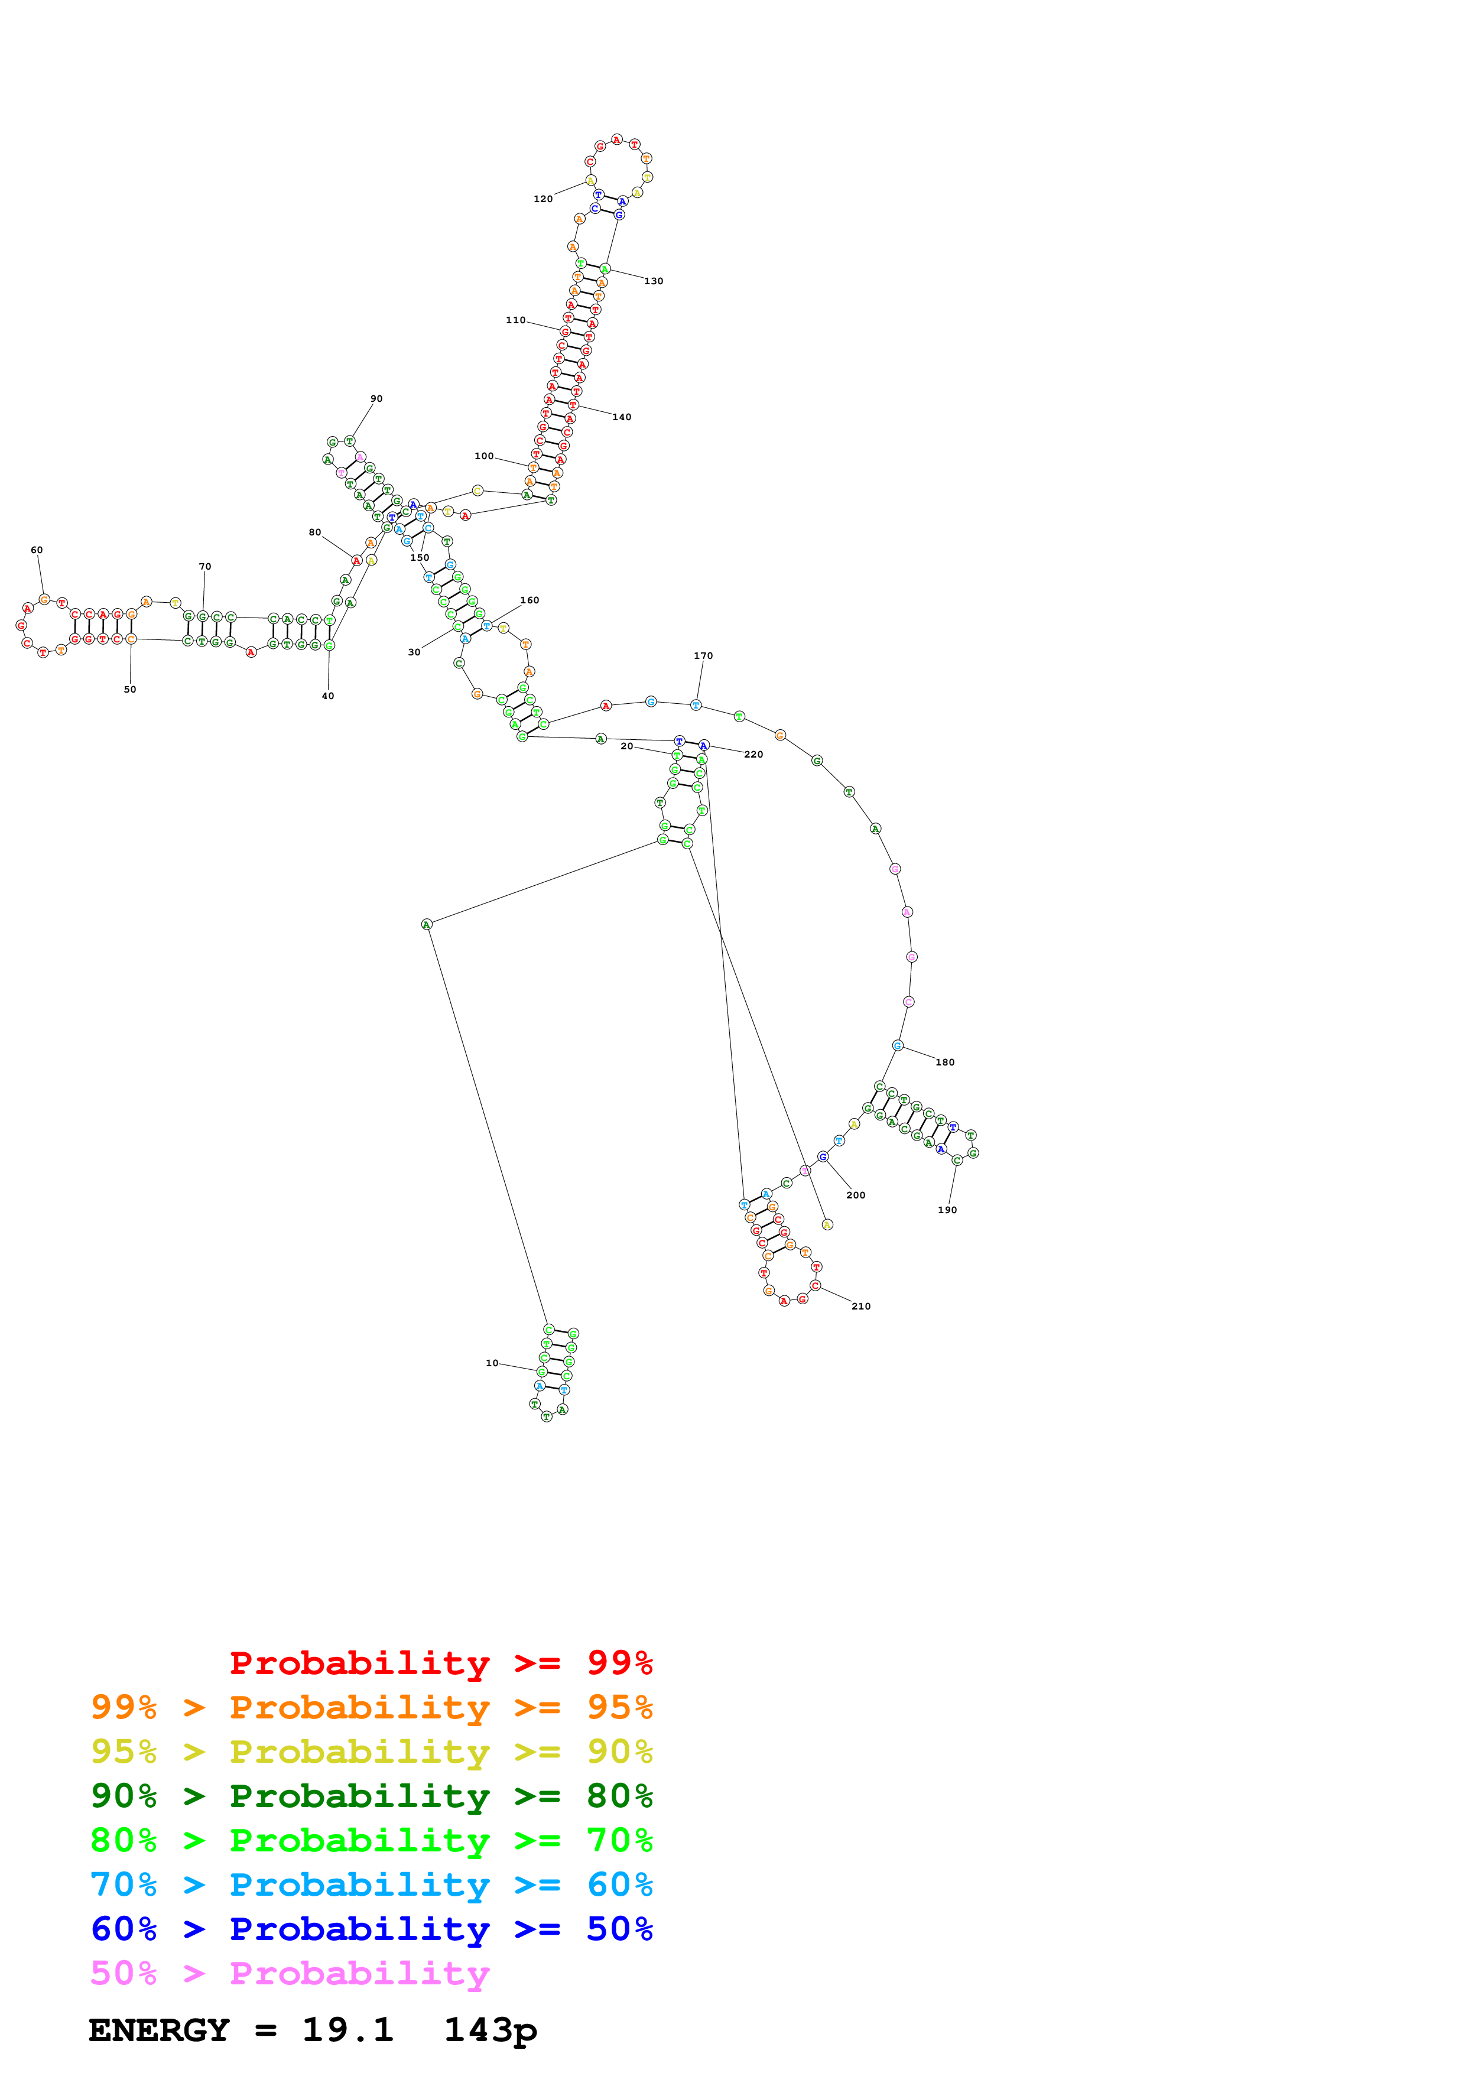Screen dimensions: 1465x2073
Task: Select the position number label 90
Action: [376, 399]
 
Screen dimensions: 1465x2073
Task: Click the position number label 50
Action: [130, 690]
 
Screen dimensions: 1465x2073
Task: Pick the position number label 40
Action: [327, 696]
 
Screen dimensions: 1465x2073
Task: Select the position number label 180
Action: [945, 1063]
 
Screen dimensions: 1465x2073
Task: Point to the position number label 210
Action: [861, 1307]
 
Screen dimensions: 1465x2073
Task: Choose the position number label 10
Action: [492, 1363]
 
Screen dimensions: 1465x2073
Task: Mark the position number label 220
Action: [753, 755]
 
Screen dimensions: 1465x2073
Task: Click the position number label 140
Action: [622, 417]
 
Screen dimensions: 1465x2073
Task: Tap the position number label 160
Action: [530, 600]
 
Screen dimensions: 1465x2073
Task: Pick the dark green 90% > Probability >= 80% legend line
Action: [371, 1796]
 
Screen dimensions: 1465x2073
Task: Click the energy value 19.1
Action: [347, 2030]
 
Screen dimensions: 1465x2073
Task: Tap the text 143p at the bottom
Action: [490, 2030]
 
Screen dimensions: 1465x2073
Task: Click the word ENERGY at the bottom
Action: [159, 2030]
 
